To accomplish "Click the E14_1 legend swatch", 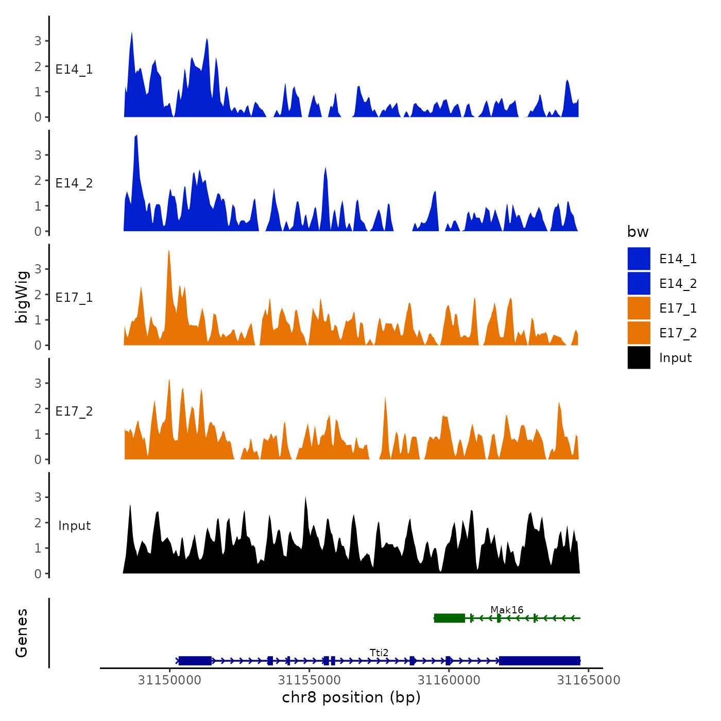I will [639, 259].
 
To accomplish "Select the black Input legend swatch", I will [639, 357].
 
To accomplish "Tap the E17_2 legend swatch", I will [639, 333].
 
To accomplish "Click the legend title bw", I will [638, 232].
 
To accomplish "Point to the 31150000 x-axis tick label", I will [169, 680].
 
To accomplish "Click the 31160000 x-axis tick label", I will [449, 680].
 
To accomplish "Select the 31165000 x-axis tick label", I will [588, 680].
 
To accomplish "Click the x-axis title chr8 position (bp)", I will [351, 697].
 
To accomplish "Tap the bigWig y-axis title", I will [22, 297].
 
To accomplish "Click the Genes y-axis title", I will [22, 633].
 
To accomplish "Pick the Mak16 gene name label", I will [507, 610].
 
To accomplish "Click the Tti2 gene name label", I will [379, 653].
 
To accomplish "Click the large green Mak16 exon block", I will [450, 618].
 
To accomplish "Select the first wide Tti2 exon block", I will [195, 661].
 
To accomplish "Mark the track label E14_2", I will [74, 183].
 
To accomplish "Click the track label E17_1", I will [74, 298].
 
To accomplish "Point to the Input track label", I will [74, 526].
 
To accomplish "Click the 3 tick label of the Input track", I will [38, 497].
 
